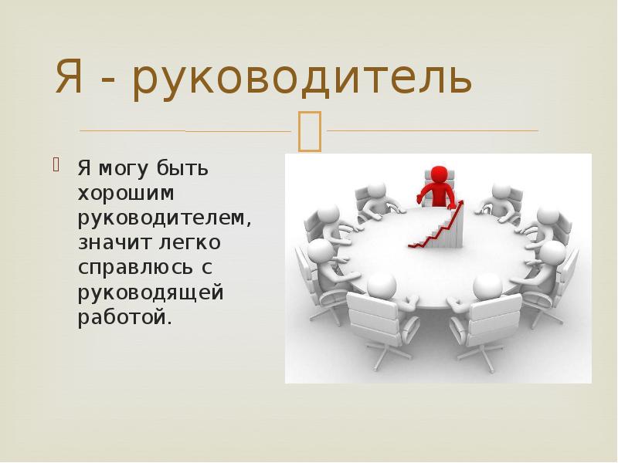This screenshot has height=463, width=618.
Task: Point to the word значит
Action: [x=110, y=243]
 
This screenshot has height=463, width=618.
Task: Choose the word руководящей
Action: [x=150, y=293]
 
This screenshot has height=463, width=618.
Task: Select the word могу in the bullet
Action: [x=121, y=167]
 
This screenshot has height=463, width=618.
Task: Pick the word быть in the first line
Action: [x=186, y=167]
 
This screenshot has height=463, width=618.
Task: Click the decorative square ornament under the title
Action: [x=309, y=130]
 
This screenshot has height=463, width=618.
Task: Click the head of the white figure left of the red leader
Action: [x=376, y=191]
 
